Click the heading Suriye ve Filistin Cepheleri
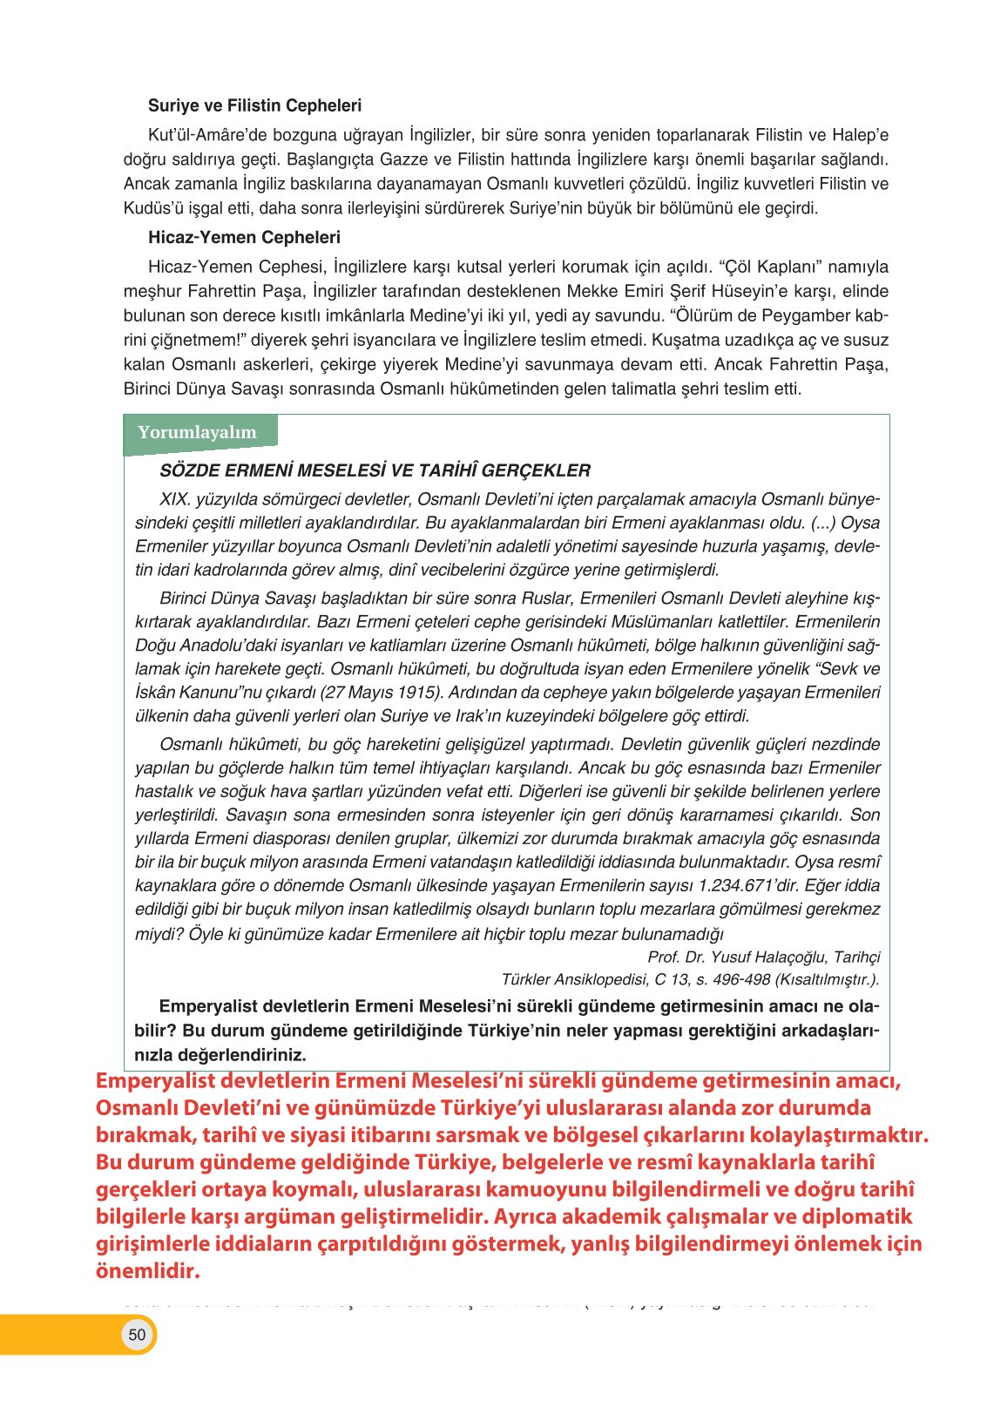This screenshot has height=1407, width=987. (254, 105)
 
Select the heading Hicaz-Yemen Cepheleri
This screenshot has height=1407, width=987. (244, 237)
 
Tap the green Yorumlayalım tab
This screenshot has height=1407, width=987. (198, 432)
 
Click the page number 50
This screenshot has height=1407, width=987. (137, 1335)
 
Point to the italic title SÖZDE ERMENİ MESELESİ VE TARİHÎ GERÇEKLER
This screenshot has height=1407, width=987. (375, 471)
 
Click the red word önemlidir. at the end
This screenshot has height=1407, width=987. (147, 1271)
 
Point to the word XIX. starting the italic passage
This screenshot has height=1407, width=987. (175, 500)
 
